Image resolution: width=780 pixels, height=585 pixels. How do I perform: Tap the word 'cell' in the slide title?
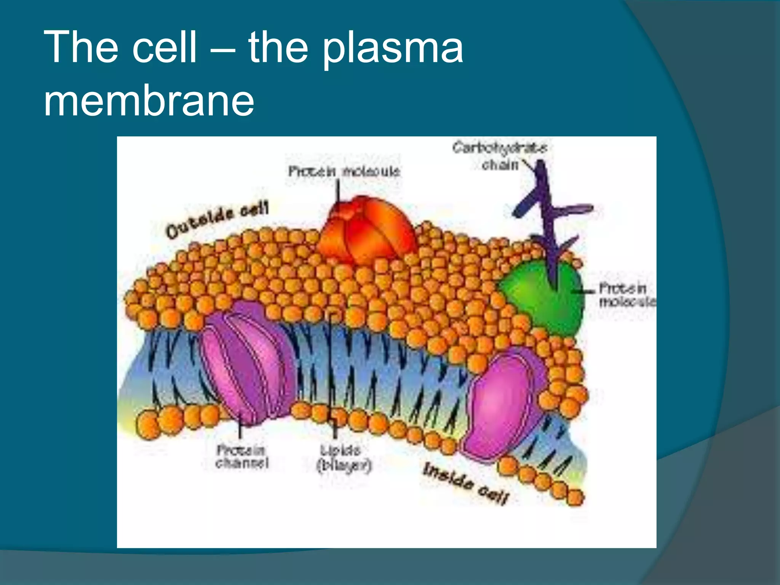[165, 47]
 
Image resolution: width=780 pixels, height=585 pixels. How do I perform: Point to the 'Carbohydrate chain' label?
[500, 156]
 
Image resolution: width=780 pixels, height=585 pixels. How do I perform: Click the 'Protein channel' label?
[242, 457]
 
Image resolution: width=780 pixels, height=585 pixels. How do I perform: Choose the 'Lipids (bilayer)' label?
[344, 459]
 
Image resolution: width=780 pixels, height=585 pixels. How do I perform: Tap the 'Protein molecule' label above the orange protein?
[344, 171]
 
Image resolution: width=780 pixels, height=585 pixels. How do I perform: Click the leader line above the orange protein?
[337, 190]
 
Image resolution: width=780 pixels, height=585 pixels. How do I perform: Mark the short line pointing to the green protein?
[583, 291]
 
